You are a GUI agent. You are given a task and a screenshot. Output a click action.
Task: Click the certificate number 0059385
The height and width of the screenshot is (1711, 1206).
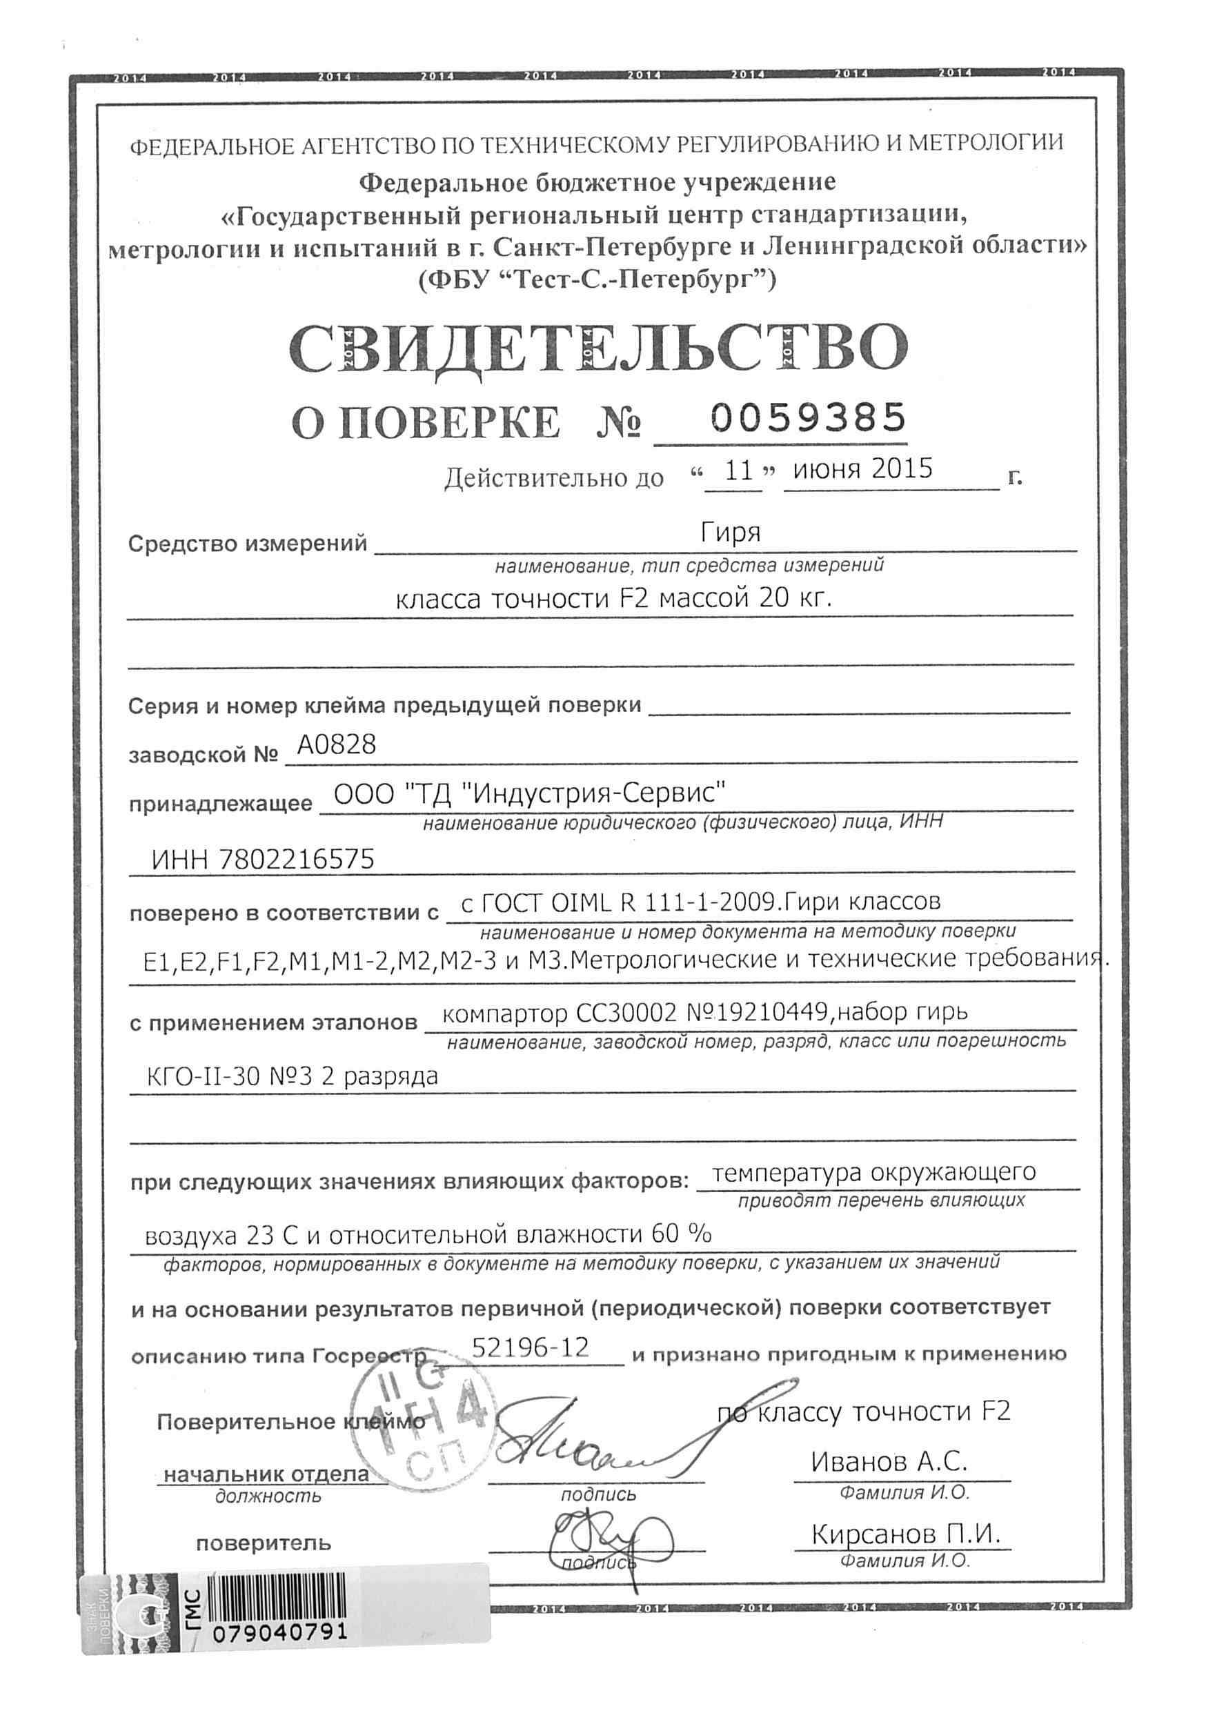click(808, 417)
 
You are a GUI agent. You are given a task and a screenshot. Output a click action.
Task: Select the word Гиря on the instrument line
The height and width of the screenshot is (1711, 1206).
click(731, 533)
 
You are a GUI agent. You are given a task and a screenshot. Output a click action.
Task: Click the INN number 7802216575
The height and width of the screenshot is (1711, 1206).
click(296, 861)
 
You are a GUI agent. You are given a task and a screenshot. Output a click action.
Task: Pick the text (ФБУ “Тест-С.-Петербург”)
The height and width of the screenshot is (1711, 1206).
click(597, 280)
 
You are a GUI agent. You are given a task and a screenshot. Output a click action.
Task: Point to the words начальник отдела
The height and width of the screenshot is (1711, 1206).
click(267, 1473)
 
